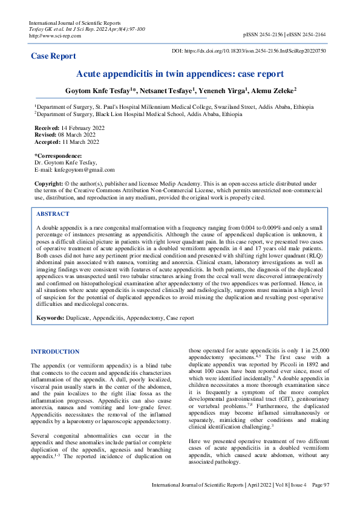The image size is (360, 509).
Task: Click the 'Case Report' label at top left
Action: [x=54, y=56]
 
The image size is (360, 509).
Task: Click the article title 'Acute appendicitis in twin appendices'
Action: [x=180, y=74]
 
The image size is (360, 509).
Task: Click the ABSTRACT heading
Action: [x=53, y=214]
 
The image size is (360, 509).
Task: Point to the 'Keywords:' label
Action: [x=50, y=317]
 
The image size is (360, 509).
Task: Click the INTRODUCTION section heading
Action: [x=55, y=351]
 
